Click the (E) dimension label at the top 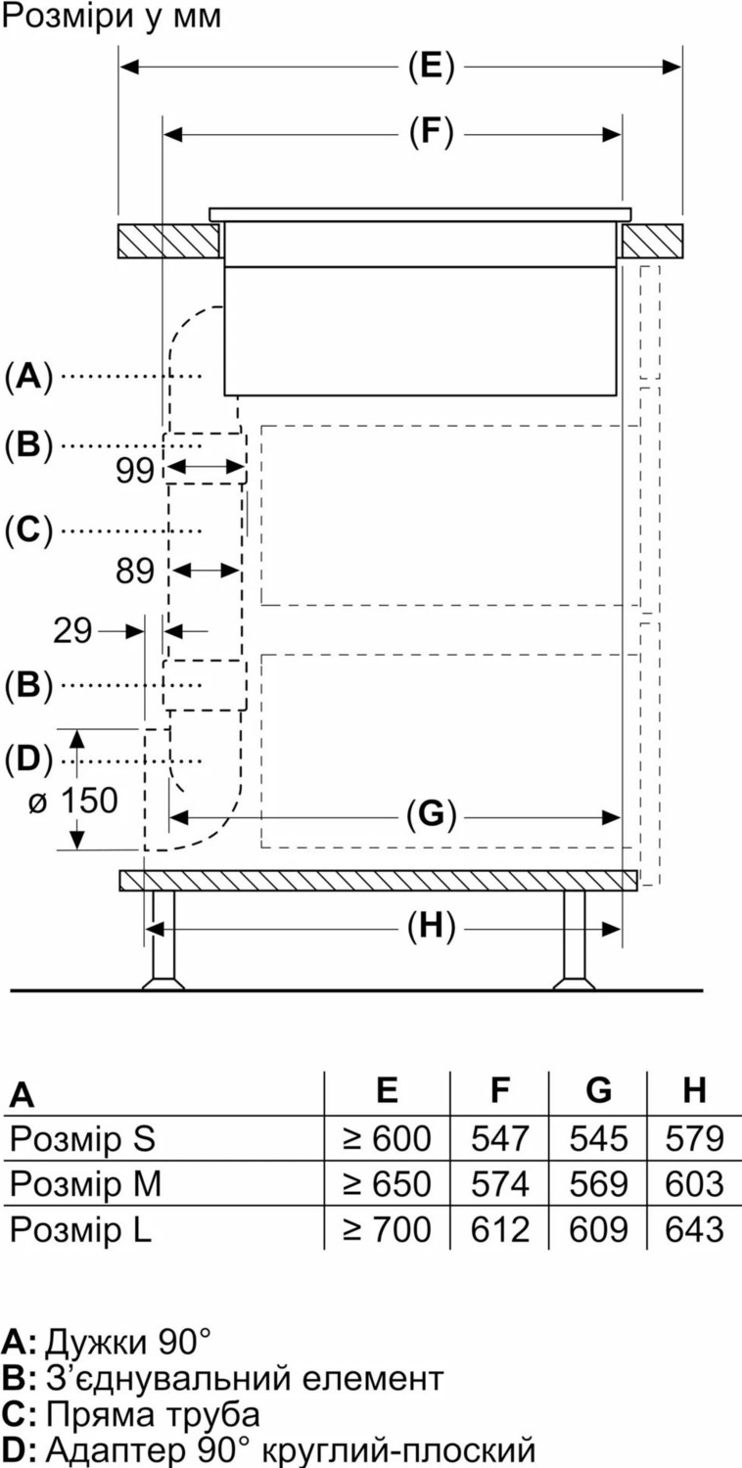tap(432, 68)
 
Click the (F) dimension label tap(432, 132)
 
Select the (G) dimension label tap(432, 814)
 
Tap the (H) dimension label tap(432, 927)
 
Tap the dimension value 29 tap(73, 631)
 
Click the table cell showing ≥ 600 tap(387, 1138)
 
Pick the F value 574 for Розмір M tap(500, 1184)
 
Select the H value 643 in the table tap(694, 1229)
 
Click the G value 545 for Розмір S tap(598, 1138)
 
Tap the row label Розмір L tap(80, 1229)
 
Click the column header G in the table tap(598, 1090)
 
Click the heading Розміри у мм tap(112, 17)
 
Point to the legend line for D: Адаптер tap(270, 1448)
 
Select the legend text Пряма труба tap(153, 1414)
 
